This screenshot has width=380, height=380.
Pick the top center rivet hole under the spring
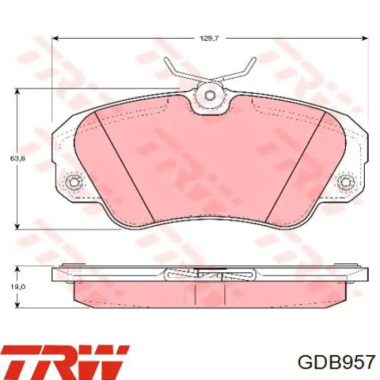coord(210,96)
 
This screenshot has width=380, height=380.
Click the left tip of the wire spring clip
coord(166,59)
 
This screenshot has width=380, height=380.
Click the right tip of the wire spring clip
coord(254,59)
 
